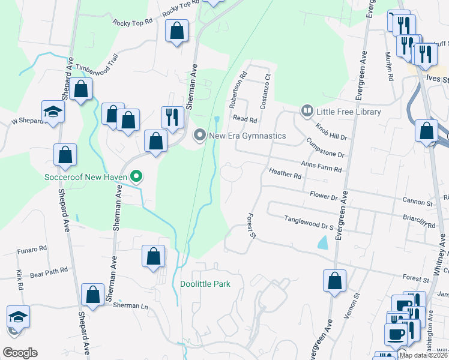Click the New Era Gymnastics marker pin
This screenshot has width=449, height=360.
click(200, 136)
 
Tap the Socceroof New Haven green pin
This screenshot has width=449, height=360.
click(136, 176)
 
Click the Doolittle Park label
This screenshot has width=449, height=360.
click(205, 284)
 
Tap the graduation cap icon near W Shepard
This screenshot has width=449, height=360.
click(53, 112)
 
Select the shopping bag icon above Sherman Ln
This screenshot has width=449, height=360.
click(92, 294)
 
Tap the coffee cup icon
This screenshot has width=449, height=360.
click(396, 334)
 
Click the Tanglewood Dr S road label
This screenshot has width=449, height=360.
click(309, 223)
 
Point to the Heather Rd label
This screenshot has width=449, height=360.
click(285, 175)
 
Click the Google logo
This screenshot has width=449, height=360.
click(20, 353)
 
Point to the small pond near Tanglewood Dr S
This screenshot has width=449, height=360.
click(323, 242)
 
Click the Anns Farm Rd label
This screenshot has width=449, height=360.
click(321, 166)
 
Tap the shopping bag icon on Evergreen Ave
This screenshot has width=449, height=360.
click(334, 280)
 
